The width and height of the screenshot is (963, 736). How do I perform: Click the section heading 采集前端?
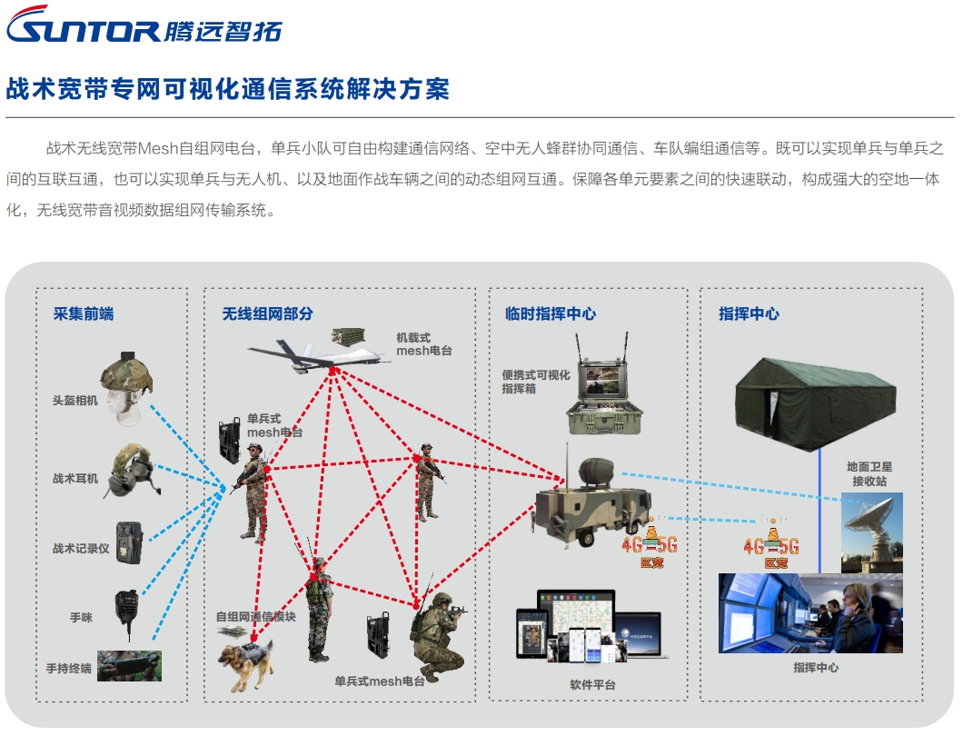pyautogui.click(x=84, y=313)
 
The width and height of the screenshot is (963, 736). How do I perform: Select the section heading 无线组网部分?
pyautogui.click(x=268, y=313)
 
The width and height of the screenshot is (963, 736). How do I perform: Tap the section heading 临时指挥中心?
pyautogui.click(x=551, y=313)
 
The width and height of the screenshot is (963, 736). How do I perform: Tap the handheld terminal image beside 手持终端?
pyautogui.click(x=129, y=665)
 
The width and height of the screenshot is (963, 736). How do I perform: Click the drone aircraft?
pyautogui.click(x=318, y=354)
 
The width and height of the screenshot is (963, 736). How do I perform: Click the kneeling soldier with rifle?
pyautogui.click(x=440, y=636)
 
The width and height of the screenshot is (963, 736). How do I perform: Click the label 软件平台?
pyautogui.click(x=592, y=684)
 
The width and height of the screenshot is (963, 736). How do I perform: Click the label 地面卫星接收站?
pyautogui.click(x=869, y=473)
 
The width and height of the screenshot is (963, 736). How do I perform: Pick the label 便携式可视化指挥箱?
pyautogui.click(x=536, y=381)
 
